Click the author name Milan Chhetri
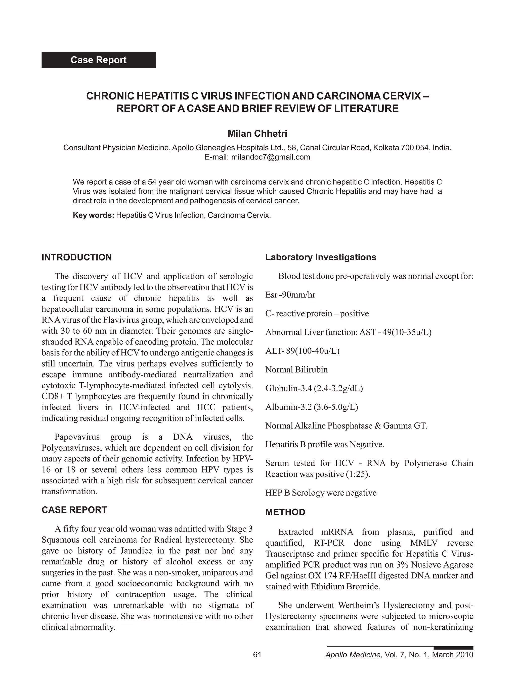pos(257,134)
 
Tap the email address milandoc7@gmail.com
pos(270,157)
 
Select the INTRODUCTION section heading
pos(77,257)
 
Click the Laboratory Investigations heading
pos(320,257)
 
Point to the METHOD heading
pos(285,512)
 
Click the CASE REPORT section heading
pos(74,510)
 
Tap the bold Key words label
pos(94,215)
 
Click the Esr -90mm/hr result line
pos(290,295)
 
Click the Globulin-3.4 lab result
pos(314,388)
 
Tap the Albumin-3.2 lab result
pos(311,407)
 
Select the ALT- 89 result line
pos(302,351)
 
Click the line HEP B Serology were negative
pos(321,493)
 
